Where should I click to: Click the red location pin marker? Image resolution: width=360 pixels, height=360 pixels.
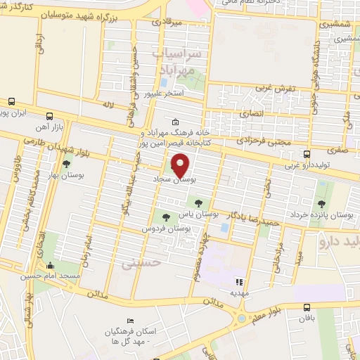(x=181, y=165)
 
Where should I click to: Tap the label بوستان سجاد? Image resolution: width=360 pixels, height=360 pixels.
(x=174, y=181)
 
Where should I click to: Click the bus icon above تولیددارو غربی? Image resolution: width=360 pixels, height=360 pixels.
(x=306, y=154)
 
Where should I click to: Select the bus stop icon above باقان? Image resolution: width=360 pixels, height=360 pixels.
(x=307, y=307)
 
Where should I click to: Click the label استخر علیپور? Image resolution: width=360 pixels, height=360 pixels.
(x=164, y=93)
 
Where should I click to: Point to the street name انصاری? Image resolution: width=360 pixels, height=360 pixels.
(x=254, y=113)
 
